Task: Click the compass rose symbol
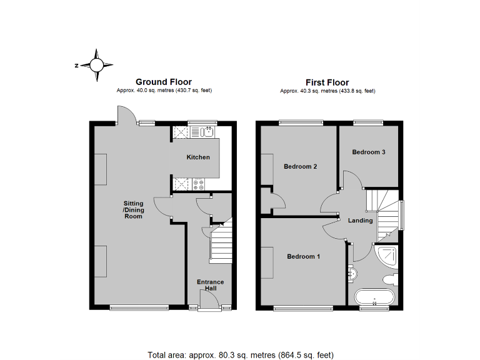click(97, 65)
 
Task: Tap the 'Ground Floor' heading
click(164, 82)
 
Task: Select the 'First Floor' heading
click(327, 82)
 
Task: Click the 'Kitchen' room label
click(198, 157)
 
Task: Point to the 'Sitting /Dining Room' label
click(134, 210)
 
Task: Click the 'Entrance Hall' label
click(211, 286)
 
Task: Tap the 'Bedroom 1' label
click(304, 257)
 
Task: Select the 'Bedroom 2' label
click(301, 167)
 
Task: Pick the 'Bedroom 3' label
click(368, 152)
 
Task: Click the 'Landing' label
click(361, 221)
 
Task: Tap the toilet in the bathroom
click(389, 279)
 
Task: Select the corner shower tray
click(387, 254)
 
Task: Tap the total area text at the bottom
click(239, 354)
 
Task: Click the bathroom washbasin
click(351, 272)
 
